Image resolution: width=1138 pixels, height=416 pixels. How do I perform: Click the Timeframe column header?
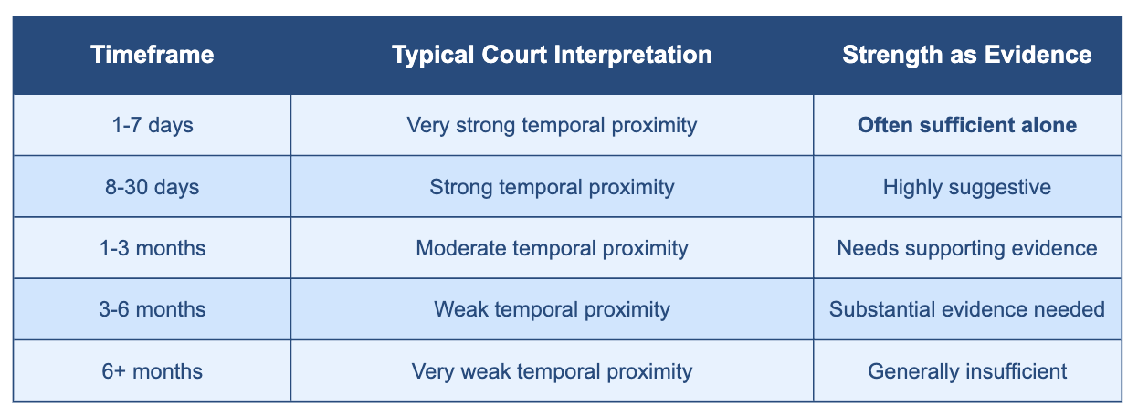[x=153, y=55]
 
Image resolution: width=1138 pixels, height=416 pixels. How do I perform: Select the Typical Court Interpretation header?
[x=552, y=55]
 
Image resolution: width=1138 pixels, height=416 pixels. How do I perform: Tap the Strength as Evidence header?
[x=967, y=55]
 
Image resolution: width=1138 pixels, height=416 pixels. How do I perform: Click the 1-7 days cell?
[x=153, y=125]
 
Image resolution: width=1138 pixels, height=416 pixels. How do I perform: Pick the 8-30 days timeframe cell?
[x=153, y=187]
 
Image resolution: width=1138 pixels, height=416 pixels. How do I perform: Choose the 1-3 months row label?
[x=153, y=248]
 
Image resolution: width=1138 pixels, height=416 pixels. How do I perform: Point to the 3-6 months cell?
[x=153, y=309]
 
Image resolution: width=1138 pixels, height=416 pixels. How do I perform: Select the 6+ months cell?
[x=153, y=371]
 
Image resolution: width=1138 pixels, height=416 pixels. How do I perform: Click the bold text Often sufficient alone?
[x=967, y=125]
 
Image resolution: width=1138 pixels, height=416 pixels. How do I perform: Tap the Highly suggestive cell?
[x=967, y=187]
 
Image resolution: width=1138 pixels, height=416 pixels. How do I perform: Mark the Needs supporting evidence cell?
[x=967, y=248]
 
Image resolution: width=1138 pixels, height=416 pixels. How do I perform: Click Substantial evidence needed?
[x=967, y=309]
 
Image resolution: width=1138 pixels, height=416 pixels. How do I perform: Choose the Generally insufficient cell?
[x=967, y=371]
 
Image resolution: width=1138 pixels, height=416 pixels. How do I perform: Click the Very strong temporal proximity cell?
[x=552, y=125]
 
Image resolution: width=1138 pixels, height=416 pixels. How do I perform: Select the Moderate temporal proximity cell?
[x=552, y=248]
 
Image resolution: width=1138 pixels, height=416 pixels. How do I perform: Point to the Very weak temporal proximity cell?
[x=552, y=371]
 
